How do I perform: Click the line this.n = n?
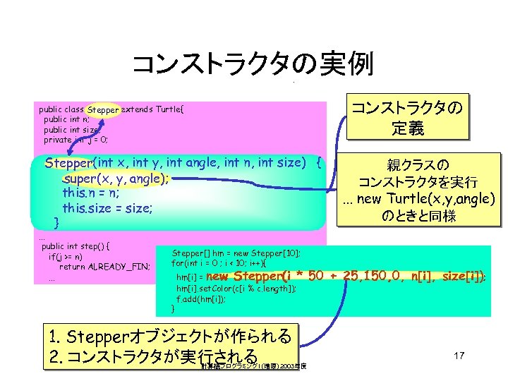tap(90, 193)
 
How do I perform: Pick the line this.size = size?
tap(107, 208)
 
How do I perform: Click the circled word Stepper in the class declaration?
tap(103, 110)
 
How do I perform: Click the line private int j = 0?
tap(75, 140)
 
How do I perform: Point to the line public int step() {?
tap(79, 247)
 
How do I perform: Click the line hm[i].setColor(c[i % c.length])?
tap(236, 289)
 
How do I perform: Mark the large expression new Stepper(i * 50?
tap(282, 275)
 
